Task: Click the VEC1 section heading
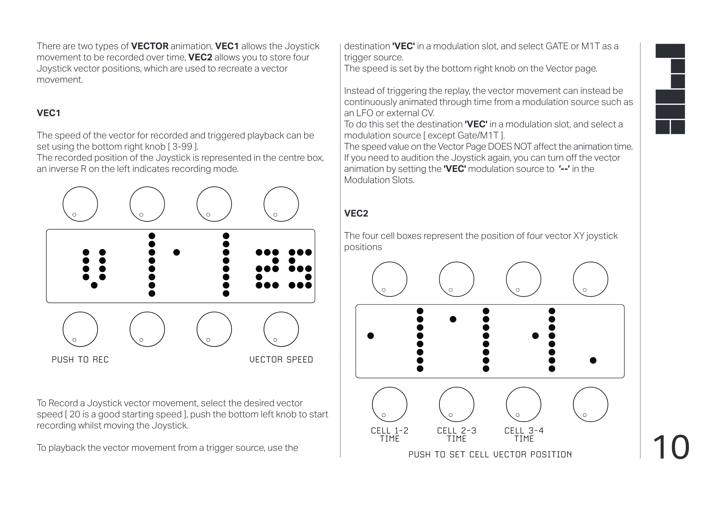coord(48,113)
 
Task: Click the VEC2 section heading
coord(356,214)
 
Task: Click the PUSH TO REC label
coord(80,360)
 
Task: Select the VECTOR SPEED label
coord(281,360)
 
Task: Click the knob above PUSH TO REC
coord(80,329)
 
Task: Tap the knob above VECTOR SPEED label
coord(281,329)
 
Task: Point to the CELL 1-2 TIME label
coord(389,434)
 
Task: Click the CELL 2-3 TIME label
coord(456,434)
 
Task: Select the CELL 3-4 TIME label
coord(524,434)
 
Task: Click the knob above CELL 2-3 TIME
coord(456,404)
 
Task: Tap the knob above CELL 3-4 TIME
coord(523,404)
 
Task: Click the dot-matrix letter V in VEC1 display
coord(94,269)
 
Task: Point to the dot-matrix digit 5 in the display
coord(300,269)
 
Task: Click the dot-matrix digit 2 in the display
coord(267,269)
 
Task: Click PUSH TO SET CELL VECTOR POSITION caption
coord(490,455)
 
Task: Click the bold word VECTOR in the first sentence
coord(150,46)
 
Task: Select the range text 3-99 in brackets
coord(183,146)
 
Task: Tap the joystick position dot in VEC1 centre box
coord(176,252)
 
